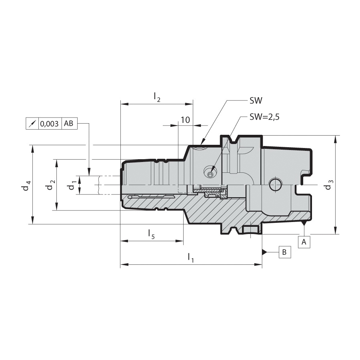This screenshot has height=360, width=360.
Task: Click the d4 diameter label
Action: coord(27,186)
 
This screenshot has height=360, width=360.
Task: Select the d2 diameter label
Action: coord(51,185)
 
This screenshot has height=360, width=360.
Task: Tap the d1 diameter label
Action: coord(72,185)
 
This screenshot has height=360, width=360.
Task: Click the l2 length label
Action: coord(157,97)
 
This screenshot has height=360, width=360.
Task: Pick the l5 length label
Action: coord(152,234)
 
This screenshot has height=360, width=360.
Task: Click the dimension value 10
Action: coord(186,120)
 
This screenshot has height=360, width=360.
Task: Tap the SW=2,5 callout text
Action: coord(264,117)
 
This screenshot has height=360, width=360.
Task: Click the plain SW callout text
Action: coord(256,100)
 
